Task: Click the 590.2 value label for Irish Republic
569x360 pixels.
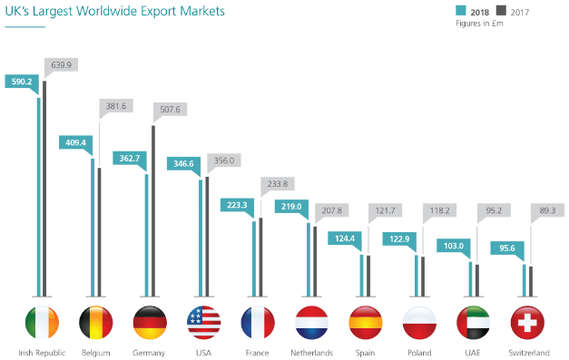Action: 19,81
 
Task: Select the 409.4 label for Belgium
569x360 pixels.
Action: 74,141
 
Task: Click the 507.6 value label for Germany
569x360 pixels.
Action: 170,110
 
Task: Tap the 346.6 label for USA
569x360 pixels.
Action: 181,163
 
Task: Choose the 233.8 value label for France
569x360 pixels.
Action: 278,182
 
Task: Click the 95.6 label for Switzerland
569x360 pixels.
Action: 505,248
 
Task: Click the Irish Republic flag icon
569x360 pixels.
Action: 41,323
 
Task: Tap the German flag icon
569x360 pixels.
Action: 149,323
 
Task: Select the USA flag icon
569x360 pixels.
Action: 203,323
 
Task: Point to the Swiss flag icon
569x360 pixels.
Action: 528,323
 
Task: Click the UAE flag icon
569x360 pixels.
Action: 474,323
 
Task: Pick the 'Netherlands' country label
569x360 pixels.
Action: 311,353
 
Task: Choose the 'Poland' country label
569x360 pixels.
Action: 420,353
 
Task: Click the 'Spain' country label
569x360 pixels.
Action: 366,353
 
